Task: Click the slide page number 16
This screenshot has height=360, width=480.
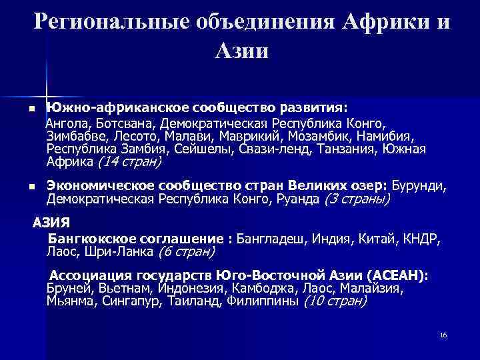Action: pos(443,334)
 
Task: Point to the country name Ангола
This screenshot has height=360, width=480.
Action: pos(66,124)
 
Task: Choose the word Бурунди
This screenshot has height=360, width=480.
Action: pos(420,186)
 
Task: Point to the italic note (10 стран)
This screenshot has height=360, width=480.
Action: pos(335,301)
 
